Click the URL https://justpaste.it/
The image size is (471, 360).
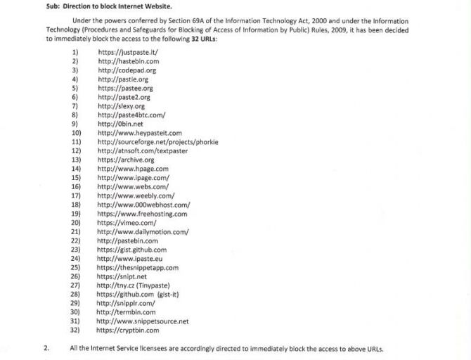pyautogui.click(x=128, y=53)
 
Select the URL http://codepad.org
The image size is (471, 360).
pyautogui.click(x=127, y=71)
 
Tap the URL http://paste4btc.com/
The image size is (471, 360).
pyautogui.click(x=131, y=115)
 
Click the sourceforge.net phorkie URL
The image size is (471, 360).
pyautogui.click(x=158, y=141)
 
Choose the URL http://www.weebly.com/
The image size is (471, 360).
pyautogui.click(x=136, y=195)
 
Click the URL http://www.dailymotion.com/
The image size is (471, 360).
pyautogui.click(x=143, y=232)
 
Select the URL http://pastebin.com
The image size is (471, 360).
pyautogui.click(x=127, y=240)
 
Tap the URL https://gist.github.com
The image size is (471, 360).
pyautogui.click(x=132, y=250)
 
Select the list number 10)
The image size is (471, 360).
pyautogui.click(x=77, y=133)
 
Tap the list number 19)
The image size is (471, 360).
pyautogui.click(x=76, y=214)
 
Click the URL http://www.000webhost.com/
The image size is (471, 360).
pyautogui.click(x=143, y=205)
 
